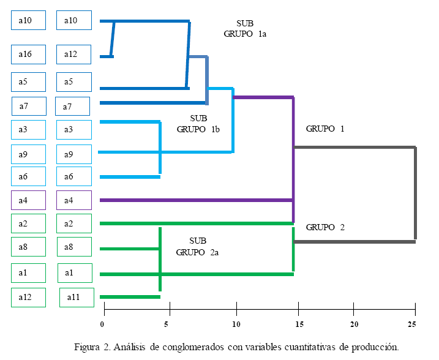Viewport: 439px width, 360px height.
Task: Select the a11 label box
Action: pos(77,298)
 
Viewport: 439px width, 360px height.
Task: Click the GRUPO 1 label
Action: pos(325,129)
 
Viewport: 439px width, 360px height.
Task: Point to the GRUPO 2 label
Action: pos(325,227)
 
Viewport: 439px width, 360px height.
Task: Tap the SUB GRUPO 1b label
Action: pos(198,124)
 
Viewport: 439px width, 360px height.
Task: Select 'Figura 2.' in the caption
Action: pos(92,348)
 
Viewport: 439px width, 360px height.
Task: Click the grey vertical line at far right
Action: pos(415,194)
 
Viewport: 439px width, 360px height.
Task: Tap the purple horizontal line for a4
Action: pos(196,200)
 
